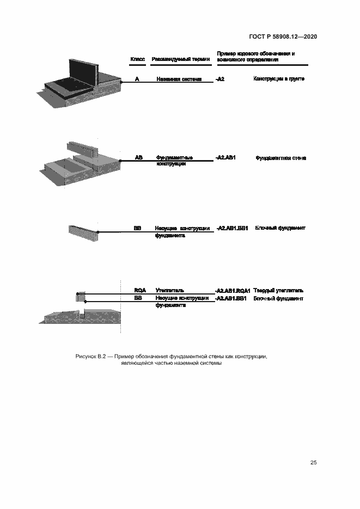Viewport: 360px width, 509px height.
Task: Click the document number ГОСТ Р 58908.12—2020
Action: [283, 36]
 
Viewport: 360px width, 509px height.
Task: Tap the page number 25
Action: [313, 462]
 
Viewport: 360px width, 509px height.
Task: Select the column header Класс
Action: [137, 59]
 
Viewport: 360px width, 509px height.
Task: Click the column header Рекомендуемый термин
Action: [180, 59]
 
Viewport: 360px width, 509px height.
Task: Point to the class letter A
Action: [137, 79]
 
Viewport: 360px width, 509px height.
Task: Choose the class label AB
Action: [138, 157]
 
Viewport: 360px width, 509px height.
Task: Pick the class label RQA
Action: [140, 290]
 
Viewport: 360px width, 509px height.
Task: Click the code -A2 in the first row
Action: [220, 79]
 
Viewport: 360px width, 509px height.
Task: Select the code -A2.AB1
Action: [225, 157]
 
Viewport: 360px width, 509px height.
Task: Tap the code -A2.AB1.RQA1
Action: [233, 291]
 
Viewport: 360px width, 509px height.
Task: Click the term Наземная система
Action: [179, 79]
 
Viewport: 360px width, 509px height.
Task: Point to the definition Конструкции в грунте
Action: [278, 79]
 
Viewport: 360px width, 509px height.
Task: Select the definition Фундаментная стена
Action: [280, 158]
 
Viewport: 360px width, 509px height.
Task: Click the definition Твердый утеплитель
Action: [278, 290]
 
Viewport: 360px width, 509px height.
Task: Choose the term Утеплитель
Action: [170, 290]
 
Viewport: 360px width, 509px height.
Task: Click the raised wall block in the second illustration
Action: [82, 148]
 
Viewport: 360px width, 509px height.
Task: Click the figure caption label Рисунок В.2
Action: [89, 356]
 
